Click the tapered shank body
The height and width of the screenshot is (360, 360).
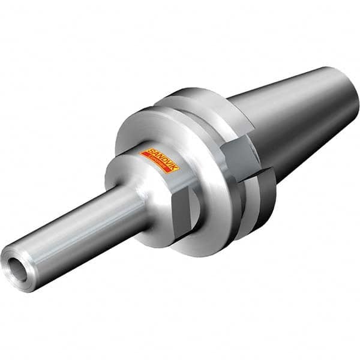pos(288,120)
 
